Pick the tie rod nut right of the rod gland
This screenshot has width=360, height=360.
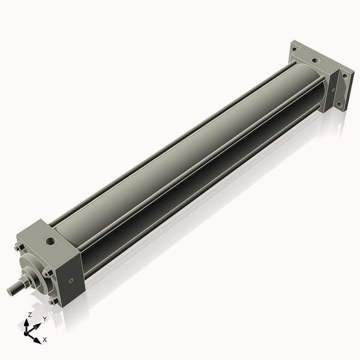tap(47, 273)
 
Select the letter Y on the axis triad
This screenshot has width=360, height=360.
tap(45, 319)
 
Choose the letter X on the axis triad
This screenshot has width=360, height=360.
tap(45, 340)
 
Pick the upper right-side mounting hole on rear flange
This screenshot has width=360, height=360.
tap(345, 76)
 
